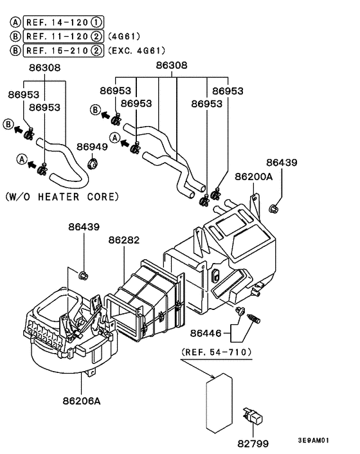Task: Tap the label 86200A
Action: pos(253,176)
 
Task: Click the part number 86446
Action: pos(205,333)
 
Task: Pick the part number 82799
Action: pos(254,443)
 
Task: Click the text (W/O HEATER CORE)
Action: pos(62,196)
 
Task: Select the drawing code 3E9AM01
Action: pos(313,441)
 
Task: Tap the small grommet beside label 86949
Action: pos(93,161)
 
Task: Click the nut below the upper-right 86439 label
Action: pos(274,208)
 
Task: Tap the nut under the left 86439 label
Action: pos(82,276)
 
